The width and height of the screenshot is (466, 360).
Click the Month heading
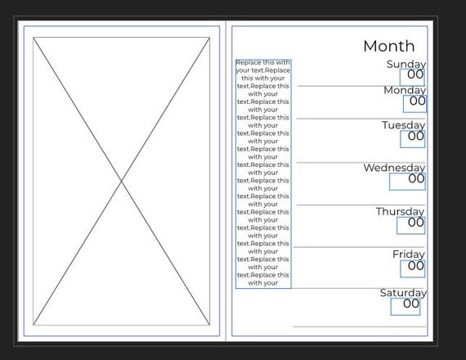[388, 46]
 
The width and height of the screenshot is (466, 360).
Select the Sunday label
[406, 65]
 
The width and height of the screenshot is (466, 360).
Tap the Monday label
[405, 90]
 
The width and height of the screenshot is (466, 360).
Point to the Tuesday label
[403, 125]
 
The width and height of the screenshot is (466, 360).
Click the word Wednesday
[394, 168]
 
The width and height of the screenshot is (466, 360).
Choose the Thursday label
[400, 212]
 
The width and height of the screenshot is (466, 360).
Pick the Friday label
[409, 254]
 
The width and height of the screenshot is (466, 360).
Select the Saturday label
[403, 293]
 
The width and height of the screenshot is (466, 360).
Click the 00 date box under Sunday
[412, 78]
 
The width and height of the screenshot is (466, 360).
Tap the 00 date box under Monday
[414, 104]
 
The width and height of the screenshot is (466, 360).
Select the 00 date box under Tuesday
[413, 139]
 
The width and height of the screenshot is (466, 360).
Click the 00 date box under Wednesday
[407, 182]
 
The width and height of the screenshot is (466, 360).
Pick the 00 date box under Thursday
[410, 226]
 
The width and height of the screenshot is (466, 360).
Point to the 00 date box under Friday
[413, 269]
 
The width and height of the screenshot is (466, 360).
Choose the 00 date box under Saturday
[406, 307]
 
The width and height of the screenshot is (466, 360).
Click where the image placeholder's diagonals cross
[121, 181]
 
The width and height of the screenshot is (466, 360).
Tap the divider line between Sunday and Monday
[361, 86]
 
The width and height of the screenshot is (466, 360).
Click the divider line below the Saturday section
[359, 326]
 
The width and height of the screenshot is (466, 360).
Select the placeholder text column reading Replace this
[263, 173]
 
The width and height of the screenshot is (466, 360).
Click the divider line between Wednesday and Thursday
[361, 205]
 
